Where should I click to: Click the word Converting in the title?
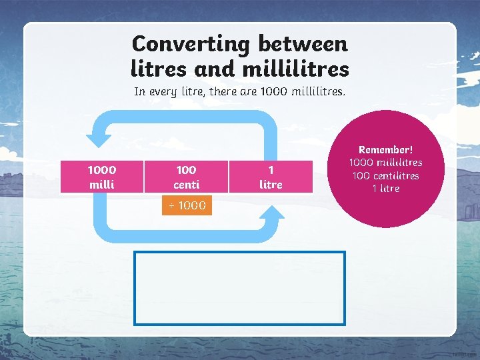190,44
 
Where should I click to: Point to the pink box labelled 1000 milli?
101,177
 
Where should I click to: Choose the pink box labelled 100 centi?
186,177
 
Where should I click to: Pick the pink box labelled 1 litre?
270,177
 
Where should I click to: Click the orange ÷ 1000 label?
187,205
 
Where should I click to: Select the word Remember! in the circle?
386,151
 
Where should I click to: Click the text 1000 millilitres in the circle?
386,163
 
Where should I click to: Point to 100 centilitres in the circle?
386,175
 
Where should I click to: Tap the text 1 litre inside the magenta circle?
386,188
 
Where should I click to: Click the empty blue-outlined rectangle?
240,287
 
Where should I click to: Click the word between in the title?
303,44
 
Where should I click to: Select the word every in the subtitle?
166,91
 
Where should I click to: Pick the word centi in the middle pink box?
186,184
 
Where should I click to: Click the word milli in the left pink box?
101,184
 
